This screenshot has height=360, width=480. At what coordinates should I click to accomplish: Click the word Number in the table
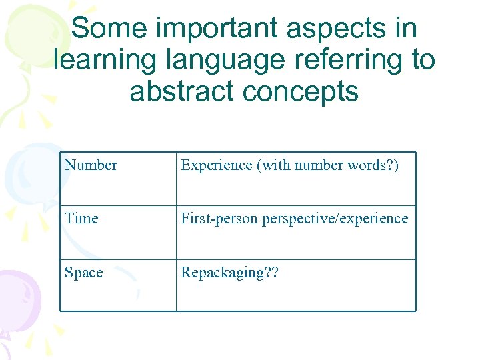point(91,165)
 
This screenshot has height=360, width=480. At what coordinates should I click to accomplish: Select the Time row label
point(81,219)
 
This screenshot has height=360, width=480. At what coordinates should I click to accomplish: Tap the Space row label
point(84,273)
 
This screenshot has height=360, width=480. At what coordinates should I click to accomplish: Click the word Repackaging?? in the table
point(229,273)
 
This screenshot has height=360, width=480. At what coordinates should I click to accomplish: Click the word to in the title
point(423,60)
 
